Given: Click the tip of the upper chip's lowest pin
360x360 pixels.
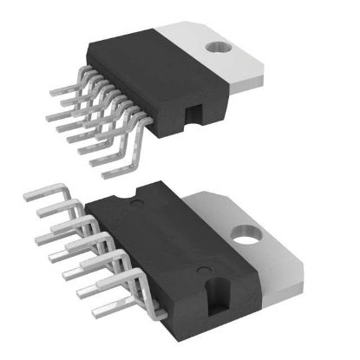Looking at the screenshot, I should point(106,174).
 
